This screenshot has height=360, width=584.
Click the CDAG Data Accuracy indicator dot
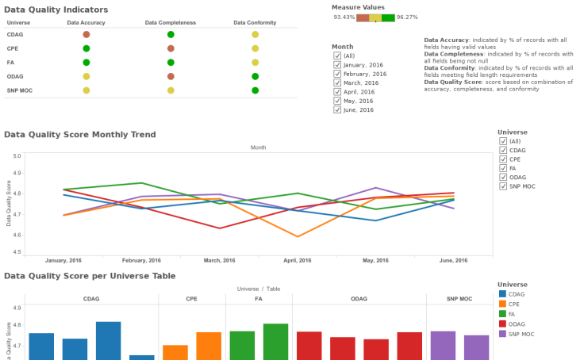[x=86, y=35]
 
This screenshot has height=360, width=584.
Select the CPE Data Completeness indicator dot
[x=171, y=48]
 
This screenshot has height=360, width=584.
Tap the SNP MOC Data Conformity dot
[x=255, y=90]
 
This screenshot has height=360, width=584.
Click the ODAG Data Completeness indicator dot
[x=171, y=76]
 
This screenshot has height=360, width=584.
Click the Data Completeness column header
[x=171, y=22]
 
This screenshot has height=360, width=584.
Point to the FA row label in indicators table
[x=10, y=62]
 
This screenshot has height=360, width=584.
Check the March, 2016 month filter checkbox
[x=337, y=82]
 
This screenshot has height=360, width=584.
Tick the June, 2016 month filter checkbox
[x=337, y=109]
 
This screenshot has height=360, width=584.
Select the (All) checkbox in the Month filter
[x=337, y=56]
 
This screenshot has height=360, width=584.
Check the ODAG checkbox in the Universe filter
[x=503, y=177]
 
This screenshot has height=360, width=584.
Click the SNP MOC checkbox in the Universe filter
[x=503, y=186]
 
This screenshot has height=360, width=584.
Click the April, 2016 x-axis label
[x=298, y=260]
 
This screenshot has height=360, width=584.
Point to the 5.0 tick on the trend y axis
[x=17, y=155]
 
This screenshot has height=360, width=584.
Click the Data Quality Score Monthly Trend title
[x=80, y=134]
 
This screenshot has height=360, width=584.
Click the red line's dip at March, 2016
[x=220, y=228]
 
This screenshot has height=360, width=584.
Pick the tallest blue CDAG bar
[x=108, y=340]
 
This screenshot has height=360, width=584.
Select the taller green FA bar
[x=275, y=341]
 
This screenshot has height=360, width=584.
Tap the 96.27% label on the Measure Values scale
[x=407, y=17]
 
